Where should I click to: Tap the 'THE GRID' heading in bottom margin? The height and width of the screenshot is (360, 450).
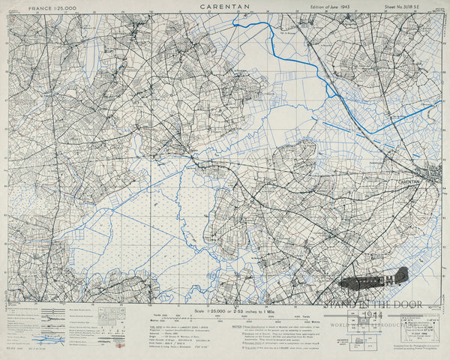point(155,327)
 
